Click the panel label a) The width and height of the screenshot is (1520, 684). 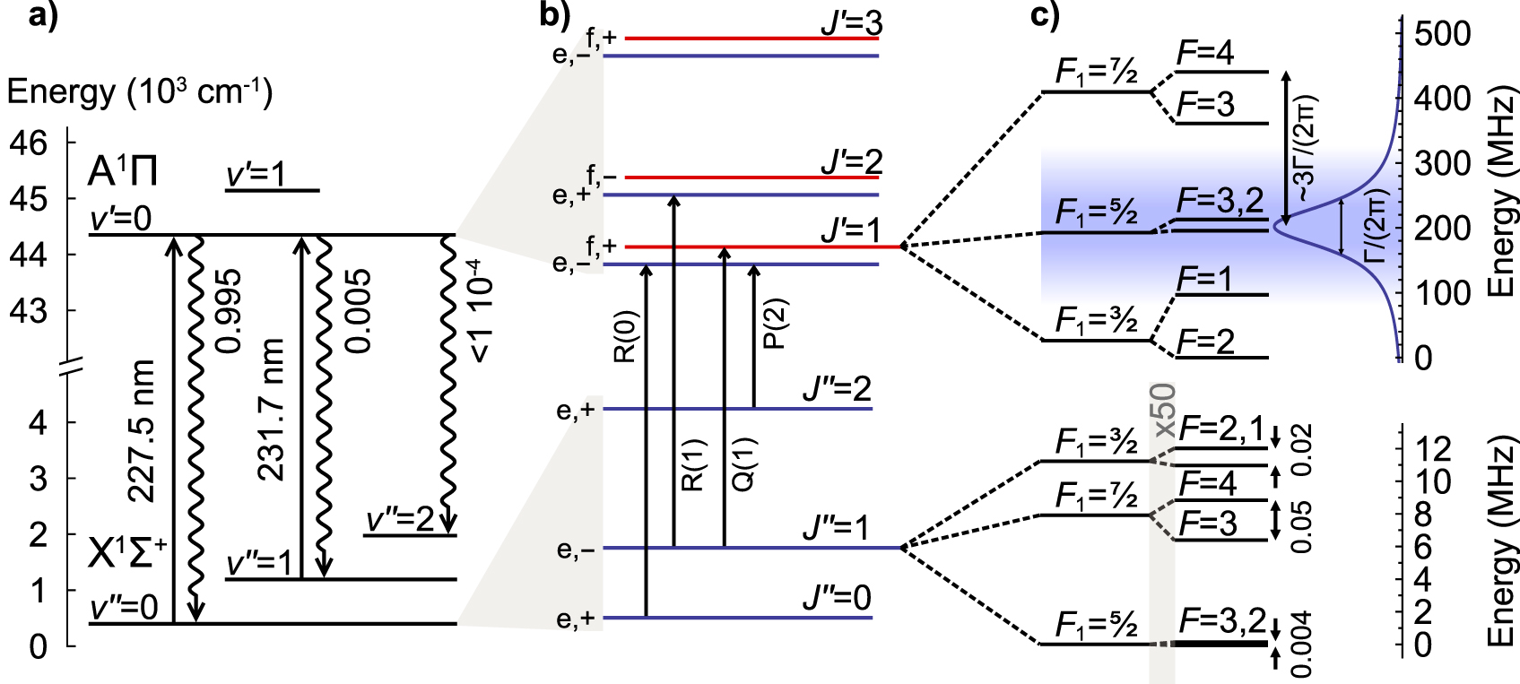click(x=43, y=17)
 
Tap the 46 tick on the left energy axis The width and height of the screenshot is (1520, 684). click(x=27, y=142)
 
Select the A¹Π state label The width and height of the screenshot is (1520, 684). click(x=123, y=171)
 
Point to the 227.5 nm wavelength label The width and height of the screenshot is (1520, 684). click(x=141, y=431)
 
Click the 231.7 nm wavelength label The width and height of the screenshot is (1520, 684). click(x=270, y=410)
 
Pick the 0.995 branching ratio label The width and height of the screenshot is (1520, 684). click(x=230, y=311)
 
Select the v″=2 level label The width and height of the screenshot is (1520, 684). click(x=400, y=520)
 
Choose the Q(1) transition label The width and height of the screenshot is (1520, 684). click(x=744, y=464)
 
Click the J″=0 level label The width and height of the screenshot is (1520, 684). click(x=837, y=598)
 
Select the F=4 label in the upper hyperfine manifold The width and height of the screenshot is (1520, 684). click(x=1205, y=54)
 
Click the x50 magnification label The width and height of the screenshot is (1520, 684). click(x=1164, y=411)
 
